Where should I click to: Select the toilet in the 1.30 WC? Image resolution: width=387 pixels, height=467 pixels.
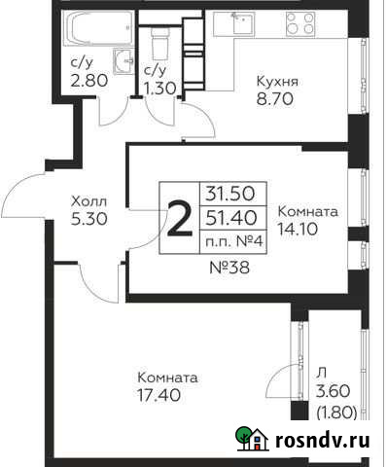[x=161, y=43]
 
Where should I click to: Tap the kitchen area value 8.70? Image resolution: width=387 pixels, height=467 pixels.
[x=276, y=99]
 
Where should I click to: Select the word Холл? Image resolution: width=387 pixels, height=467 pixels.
[x=88, y=201]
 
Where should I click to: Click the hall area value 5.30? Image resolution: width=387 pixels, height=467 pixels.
[x=88, y=219]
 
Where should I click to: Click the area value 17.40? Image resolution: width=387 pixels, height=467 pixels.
[x=168, y=396]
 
